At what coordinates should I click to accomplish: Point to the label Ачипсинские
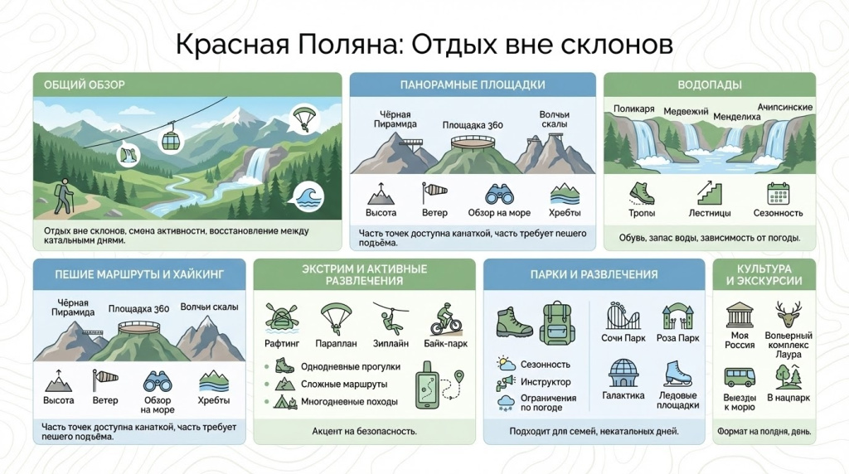tap(784, 108)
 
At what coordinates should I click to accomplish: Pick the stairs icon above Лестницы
tap(709, 192)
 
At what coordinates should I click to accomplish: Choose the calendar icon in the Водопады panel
tap(778, 193)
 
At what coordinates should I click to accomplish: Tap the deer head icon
tap(788, 314)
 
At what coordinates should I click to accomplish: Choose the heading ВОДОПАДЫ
tap(709, 85)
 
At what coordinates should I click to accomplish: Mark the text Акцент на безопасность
tap(364, 431)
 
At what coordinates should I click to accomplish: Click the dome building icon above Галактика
tap(623, 373)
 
